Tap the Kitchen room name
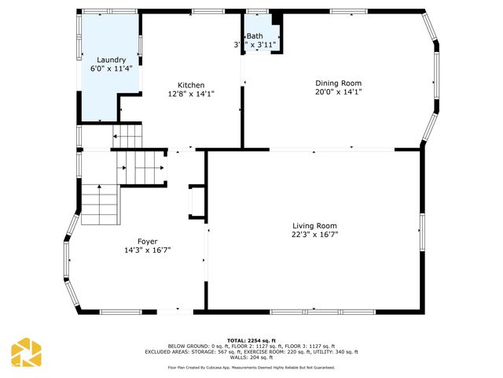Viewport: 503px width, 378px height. coord(191,85)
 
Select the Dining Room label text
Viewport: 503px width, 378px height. coord(339,83)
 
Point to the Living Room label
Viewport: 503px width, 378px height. coord(314,225)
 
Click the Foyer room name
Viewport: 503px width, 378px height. coord(147,241)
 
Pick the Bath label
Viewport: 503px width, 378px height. coord(255,36)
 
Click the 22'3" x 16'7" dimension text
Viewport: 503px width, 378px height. coord(314,234)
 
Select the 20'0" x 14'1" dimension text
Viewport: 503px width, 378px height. coord(339,91)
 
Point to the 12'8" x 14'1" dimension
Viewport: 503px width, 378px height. coord(191,94)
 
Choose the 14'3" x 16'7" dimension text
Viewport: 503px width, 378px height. coord(147,250)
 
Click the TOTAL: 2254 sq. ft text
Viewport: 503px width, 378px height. coord(251,340)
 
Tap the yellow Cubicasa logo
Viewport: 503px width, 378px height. coord(26,354)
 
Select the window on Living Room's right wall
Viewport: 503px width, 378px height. coord(421,225)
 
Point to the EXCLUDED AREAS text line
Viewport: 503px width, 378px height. coord(251,351)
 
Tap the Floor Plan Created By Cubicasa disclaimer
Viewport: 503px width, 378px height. coord(251,367)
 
